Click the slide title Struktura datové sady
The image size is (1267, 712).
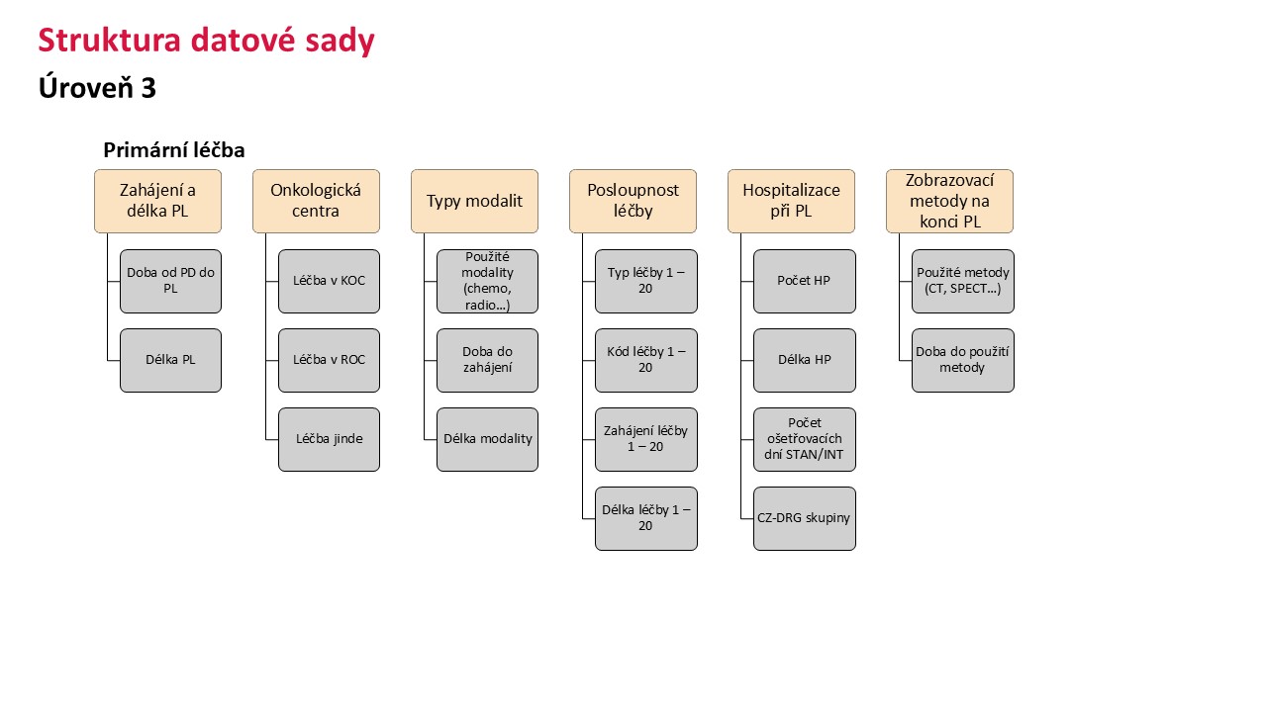[207, 41]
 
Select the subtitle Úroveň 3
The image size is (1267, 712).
[97, 88]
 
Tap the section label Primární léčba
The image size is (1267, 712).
[173, 150]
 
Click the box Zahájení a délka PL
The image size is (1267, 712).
[157, 201]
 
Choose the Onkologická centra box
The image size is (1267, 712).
[316, 201]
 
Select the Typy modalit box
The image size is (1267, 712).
[474, 201]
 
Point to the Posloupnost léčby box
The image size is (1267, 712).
[633, 201]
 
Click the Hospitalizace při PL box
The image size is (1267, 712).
[791, 201]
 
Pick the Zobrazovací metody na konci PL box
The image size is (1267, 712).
[949, 201]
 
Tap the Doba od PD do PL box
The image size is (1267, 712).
[171, 282]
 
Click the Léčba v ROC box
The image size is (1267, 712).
[330, 361]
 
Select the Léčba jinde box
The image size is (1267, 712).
[330, 440]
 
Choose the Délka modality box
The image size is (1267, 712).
[488, 440]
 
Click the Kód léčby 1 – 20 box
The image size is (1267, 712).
[646, 361]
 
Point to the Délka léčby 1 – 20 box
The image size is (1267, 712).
[646, 519]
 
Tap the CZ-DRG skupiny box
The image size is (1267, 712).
[805, 519]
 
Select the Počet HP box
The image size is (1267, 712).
[805, 282]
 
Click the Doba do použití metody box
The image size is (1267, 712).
[963, 361]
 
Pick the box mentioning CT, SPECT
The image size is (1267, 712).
[963, 282]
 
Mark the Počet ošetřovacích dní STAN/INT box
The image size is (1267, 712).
[805, 440]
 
